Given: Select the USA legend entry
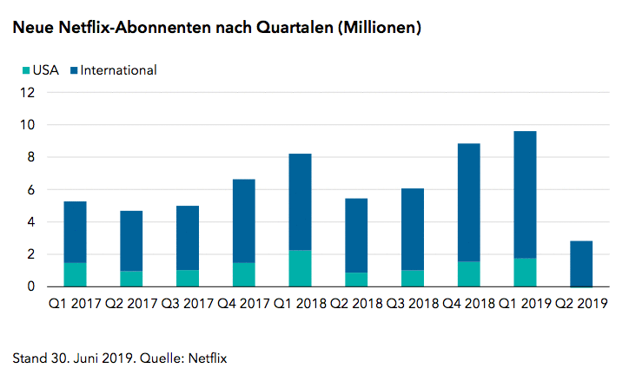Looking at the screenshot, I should (x=39, y=70).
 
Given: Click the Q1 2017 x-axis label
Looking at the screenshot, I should (x=75, y=304).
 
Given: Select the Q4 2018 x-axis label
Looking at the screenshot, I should (x=468, y=304).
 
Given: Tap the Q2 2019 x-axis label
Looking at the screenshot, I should (x=581, y=304).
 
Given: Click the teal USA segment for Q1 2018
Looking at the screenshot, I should (x=300, y=268).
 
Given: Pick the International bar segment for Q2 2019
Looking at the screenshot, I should (x=581, y=264).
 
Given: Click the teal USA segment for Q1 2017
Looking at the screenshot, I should (x=75, y=274).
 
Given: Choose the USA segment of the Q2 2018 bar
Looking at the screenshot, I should (x=356, y=280).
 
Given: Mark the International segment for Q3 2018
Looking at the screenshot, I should (x=413, y=228).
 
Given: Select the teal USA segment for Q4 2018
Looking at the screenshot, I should (x=468, y=273).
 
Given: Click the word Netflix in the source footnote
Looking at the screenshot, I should (x=213, y=357).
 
